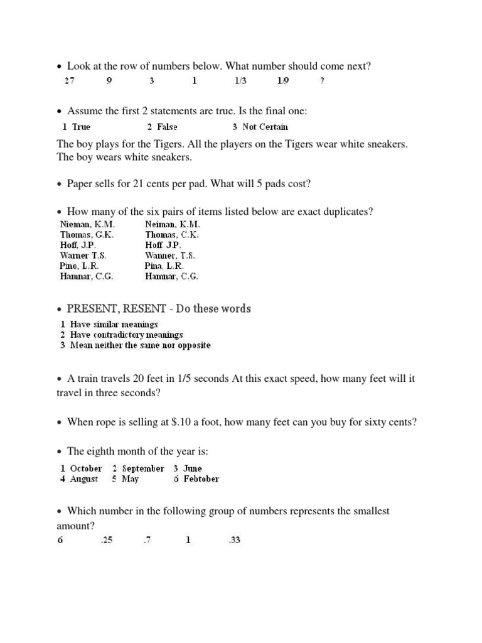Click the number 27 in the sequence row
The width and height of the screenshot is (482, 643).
(70, 81)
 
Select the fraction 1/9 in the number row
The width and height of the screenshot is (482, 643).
(283, 81)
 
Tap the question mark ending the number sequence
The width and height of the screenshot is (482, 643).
(322, 81)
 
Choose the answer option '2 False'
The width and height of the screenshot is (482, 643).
(163, 127)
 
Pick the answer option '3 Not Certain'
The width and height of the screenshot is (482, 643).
(260, 127)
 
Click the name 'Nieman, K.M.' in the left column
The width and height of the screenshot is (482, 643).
(88, 224)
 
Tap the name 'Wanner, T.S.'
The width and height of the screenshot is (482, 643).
(170, 256)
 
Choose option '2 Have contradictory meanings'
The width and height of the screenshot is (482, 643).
(122, 335)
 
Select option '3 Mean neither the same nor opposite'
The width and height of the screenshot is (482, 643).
(136, 345)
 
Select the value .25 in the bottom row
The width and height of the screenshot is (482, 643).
(106, 540)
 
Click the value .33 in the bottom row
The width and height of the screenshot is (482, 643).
(235, 540)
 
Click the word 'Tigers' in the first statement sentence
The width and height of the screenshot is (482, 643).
(166, 144)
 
